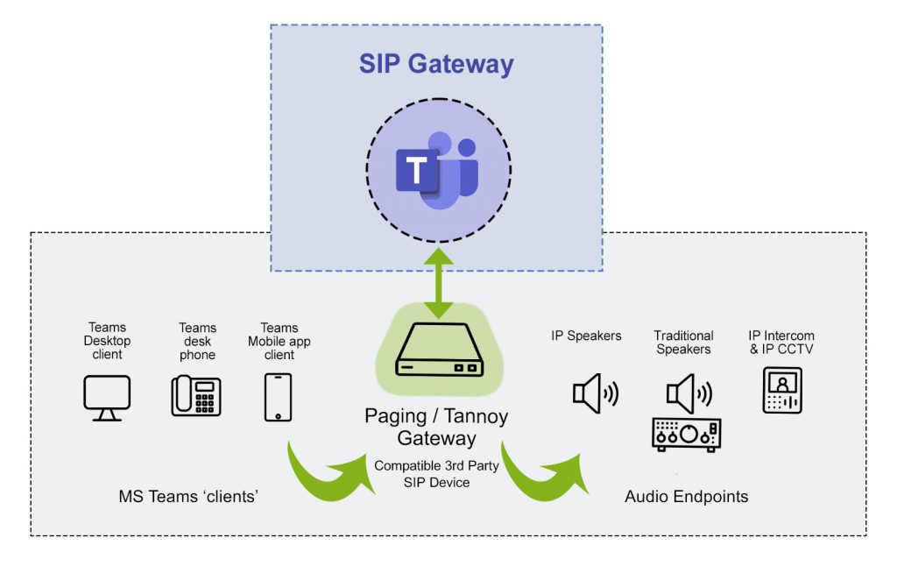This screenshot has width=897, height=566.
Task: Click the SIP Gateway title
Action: click(436, 64)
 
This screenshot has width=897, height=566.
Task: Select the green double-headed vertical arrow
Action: click(438, 283)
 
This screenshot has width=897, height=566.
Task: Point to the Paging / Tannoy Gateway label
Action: click(436, 427)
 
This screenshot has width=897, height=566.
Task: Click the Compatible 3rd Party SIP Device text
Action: click(435, 474)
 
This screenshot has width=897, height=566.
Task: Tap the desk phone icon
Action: click(195, 395)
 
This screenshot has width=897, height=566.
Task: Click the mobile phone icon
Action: click(278, 397)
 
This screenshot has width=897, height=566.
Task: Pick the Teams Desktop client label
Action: click(107, 341)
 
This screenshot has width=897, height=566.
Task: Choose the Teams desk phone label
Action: click(196, 341)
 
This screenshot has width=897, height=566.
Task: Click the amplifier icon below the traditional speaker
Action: click(686, 434)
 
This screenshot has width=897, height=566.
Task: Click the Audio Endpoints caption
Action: click(686, 497)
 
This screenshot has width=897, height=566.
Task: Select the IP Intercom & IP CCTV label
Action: click(780, 343)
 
